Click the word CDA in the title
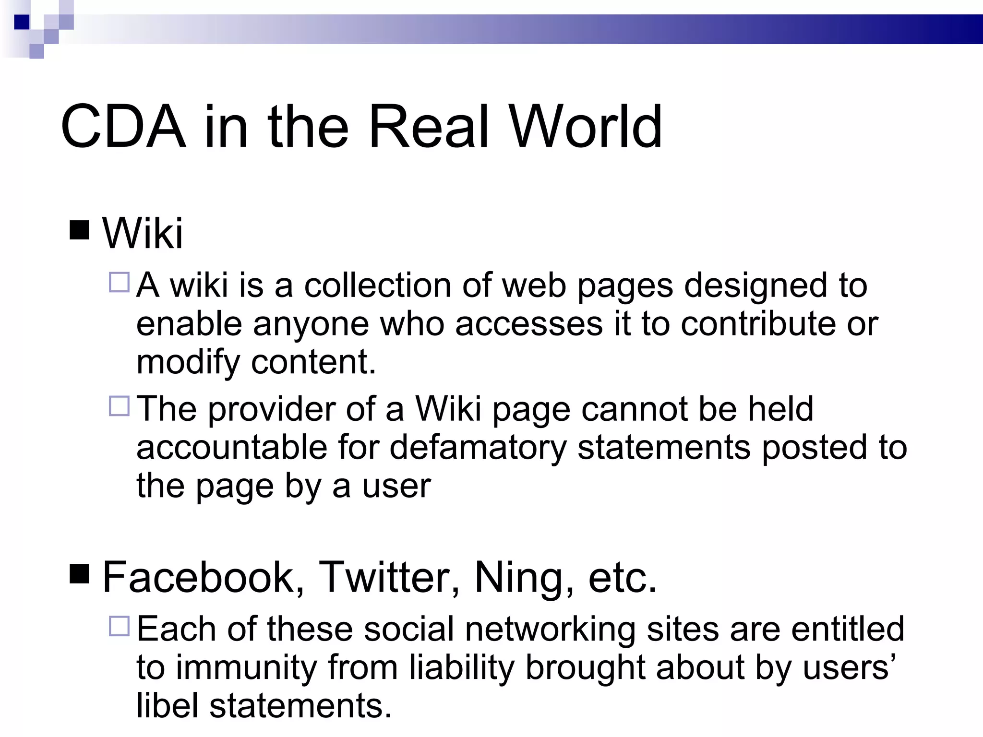tap(123, 127)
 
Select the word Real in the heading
tap(429, 127)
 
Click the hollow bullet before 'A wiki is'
tap(120, 282)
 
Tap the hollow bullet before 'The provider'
tap(120, 406)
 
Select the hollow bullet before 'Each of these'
tap(120, 626)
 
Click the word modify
tap(188, 363)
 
